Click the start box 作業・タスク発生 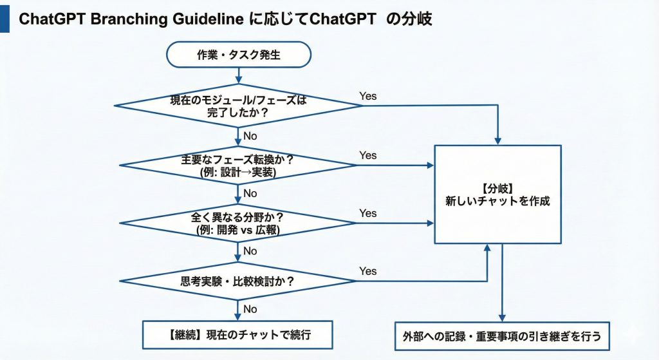pos(238,55)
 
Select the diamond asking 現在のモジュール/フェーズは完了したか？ pos(238,106)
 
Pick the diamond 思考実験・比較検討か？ pos(238,281)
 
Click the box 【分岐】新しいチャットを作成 pos(497,194)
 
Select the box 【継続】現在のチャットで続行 pos(237,334)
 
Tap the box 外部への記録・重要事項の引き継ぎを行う pos(501,336)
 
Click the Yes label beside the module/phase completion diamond pos(368,97)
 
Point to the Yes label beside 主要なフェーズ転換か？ pos(368,155)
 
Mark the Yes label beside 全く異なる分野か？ pos(368,213)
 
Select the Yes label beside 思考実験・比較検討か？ pos(368,271)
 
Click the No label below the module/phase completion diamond pos(250,136)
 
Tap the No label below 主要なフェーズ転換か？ pos(250,193)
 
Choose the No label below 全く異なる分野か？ pos(250,251)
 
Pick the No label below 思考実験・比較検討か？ pos(250,309)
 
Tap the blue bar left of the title pos(5,19)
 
